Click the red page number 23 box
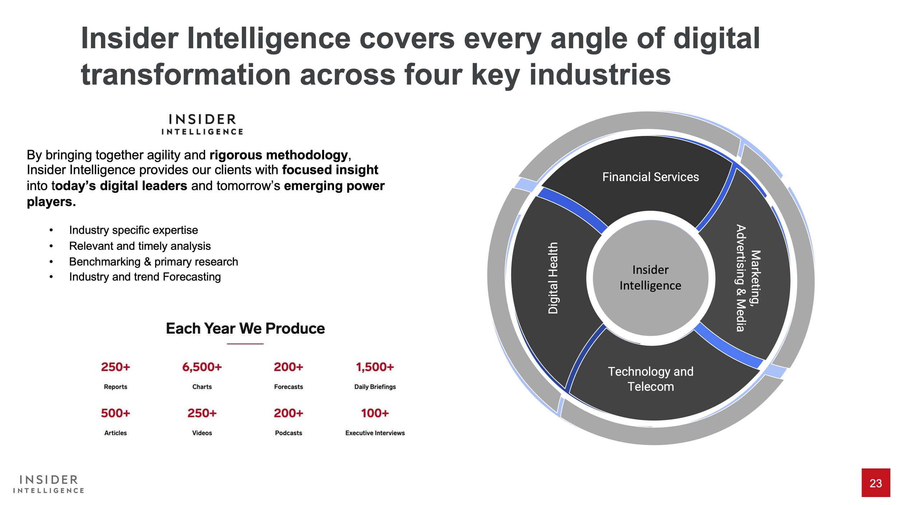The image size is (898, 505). (x=875, y=483)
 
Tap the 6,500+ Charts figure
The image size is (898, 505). (x=202, y=367)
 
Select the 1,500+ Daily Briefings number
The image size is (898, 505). (x=375, y=367)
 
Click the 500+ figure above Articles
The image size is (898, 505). (x=115, y=413)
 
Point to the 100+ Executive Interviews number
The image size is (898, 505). (x=375, y=413)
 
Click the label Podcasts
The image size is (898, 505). (x=288, y=433)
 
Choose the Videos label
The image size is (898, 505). (x=202, y=433)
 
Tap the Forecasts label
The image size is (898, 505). (x=288, y=387)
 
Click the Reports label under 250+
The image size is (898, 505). (x=115, y=387)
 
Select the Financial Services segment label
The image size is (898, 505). (x=651, y=177)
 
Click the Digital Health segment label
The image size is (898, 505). (x=553, y=278)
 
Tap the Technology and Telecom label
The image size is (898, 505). (x=651, y=379)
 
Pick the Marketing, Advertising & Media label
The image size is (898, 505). (x=748, y=278)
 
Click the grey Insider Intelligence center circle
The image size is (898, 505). (x=651, y=278)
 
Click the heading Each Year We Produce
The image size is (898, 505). (x=245, y=328)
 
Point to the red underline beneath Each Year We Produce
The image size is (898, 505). (x=245, y=344)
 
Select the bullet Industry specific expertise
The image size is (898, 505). (x=133, y=230)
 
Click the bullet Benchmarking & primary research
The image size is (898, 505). (x=153, y=261)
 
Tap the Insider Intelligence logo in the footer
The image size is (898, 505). (x=48, y=484)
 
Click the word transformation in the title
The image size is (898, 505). (x=185, y=75)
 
